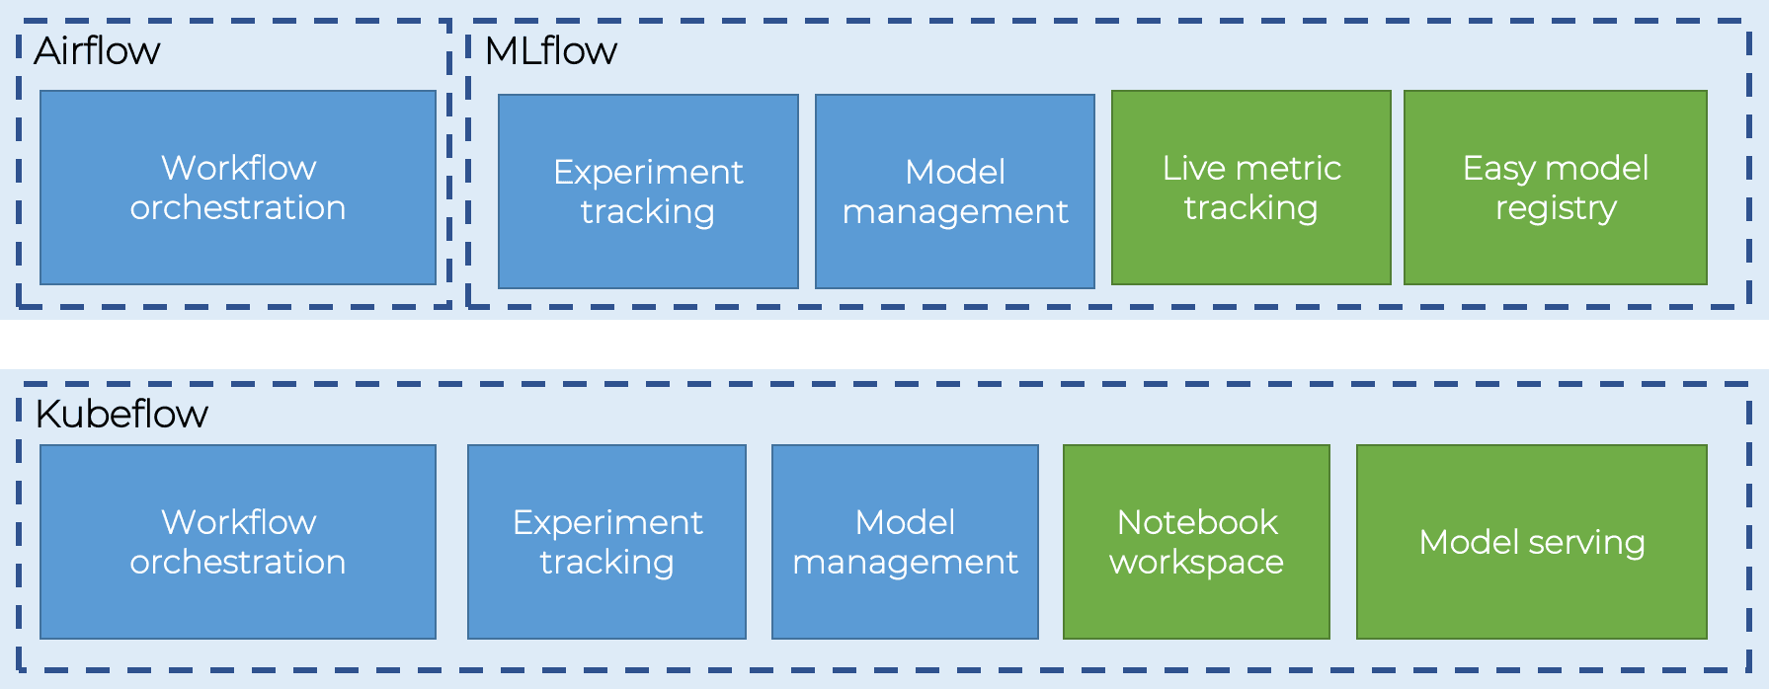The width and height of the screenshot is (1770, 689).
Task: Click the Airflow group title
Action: click(97, 50)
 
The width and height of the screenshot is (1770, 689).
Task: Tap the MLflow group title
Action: click(550, 50)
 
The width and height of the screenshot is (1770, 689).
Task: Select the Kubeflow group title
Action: click(121, 414)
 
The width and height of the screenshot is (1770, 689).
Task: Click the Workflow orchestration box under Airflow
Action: click(237, 188)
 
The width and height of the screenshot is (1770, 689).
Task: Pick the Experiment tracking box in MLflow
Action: click(648, 191)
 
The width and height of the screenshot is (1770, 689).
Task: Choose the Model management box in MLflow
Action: click(954, 191)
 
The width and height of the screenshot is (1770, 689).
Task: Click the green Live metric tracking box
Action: click(1250, 188)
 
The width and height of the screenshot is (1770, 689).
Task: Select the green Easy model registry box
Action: click(1555, 188)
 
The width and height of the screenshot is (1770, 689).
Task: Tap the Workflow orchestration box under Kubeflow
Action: click(237, 541)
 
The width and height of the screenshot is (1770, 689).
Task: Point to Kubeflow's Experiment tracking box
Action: click(606, 541)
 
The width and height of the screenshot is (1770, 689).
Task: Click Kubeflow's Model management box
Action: click(905, 541)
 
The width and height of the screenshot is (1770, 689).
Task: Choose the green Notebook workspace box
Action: click(1196, 541)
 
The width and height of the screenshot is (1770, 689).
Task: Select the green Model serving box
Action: click(1531, 541)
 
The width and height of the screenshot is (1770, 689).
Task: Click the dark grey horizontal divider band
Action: click(885, 344)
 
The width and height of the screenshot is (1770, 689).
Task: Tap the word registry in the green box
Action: click(1556, 208)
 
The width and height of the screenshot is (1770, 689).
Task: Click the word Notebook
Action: click(1197, 521)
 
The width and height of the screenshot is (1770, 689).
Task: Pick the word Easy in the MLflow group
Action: click(1498, 168)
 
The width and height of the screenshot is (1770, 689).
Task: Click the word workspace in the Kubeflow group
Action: click(1196, 562)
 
